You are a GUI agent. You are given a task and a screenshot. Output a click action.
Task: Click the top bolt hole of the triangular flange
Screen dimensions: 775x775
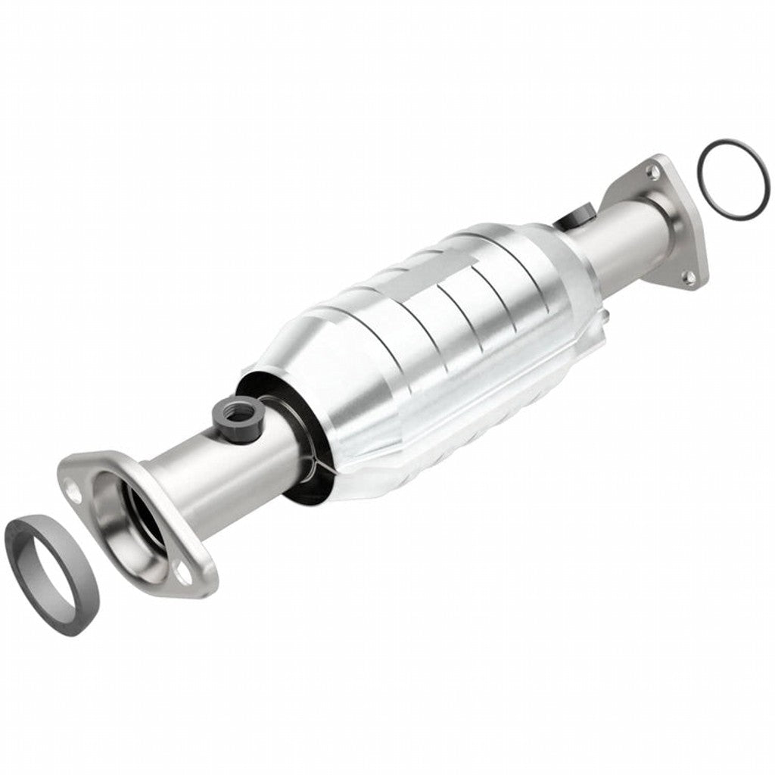[x=652, y=173]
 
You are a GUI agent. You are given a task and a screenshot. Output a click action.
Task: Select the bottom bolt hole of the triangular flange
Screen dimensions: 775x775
[x=688, y=278]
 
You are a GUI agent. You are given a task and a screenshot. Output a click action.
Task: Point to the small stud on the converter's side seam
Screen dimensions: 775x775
[x=605, y=313]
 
